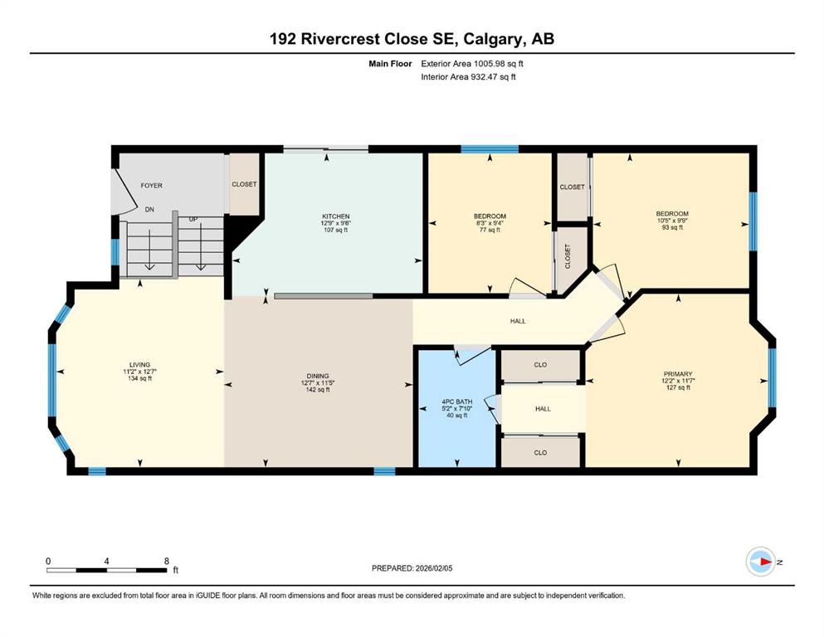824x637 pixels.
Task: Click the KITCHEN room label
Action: click(336, 216)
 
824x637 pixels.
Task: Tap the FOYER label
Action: click(151, 185)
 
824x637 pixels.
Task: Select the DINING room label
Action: click(318, 376)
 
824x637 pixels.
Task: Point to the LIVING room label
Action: click(139, 365)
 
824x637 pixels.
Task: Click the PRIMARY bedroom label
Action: click(678, 374)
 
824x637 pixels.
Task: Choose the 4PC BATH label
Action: click(456, 401)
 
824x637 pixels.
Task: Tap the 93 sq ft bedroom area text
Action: click(672, 227)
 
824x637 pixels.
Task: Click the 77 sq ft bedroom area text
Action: click(490, 230)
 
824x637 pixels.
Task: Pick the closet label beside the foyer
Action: click(244, 184)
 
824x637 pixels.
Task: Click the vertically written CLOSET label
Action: click(568, 256)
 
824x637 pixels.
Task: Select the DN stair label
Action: click(149, 210)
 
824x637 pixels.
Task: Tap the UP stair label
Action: click(193, 219)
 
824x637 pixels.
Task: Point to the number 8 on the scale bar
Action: click(167, 561)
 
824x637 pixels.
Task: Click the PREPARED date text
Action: click(412, 568)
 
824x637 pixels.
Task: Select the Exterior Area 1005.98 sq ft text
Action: click(472, 64)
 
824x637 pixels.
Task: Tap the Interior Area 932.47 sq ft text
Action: click(468, 76)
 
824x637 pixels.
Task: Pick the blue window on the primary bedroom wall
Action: click(772, 377)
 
